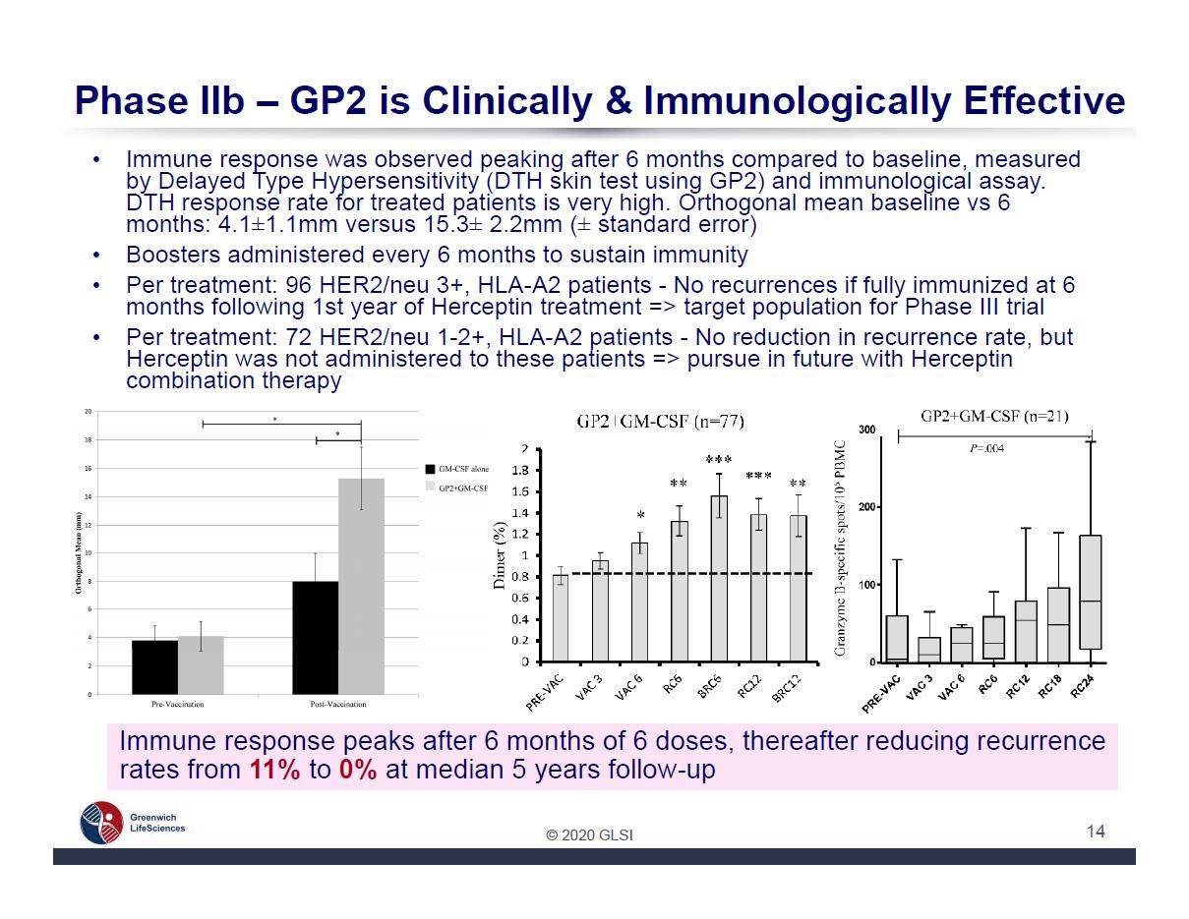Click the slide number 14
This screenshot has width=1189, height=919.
(1096, 832)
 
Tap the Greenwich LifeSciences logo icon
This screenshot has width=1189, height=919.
(101, 823)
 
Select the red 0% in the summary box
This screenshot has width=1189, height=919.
(358, 770)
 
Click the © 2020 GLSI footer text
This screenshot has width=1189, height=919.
(590, 835)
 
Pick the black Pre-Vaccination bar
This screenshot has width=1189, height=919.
(155, 667)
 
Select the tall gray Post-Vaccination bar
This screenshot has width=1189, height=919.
(361, 586)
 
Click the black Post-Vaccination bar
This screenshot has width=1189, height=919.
(316, 638)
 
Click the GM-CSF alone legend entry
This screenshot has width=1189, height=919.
(457, 470)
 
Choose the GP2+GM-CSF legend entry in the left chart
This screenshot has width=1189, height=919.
(457, 488)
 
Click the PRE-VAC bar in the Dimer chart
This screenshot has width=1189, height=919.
(560, 618)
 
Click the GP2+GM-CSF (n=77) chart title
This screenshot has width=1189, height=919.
(660, 422)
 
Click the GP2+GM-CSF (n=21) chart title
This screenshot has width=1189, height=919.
(994, 416)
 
